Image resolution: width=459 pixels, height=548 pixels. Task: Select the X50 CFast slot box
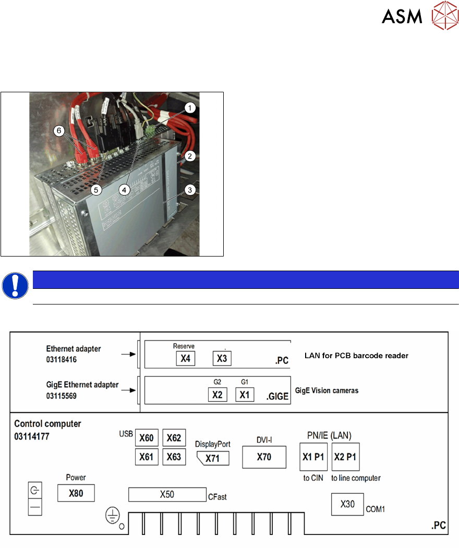(167, 495)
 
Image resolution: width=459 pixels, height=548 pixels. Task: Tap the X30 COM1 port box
(347, 504)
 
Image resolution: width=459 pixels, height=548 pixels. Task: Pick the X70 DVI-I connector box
(264, 457)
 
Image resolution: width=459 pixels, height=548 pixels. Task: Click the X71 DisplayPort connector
(212, 458)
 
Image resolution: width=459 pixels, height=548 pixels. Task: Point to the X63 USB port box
(174, 457)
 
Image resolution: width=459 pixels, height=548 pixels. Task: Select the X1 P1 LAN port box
(313, 457)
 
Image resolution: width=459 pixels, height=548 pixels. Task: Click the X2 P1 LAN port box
(345, 457)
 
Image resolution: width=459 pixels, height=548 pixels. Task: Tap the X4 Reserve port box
(184, 358)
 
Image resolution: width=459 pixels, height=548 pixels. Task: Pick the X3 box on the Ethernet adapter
(222, 358)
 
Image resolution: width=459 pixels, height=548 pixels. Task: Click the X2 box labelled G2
(217, 395)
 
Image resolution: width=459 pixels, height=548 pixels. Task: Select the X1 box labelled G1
(245, 395)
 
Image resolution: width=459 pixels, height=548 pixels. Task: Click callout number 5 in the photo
(95, 190)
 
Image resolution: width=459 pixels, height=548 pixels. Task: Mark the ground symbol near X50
(111, 516)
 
